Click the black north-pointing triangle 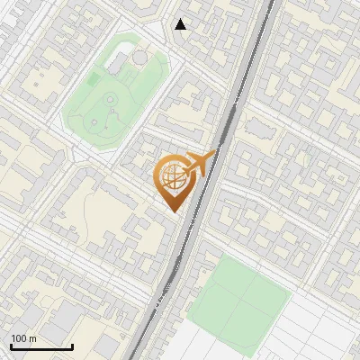181,24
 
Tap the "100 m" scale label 24,338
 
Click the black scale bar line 41,346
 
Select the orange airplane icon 198,164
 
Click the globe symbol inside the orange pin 172,176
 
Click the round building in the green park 140,58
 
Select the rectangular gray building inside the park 118,62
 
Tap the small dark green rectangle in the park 94,81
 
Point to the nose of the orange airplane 214,155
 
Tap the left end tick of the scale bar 11,346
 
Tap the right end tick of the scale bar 73,346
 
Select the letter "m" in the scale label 33,338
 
